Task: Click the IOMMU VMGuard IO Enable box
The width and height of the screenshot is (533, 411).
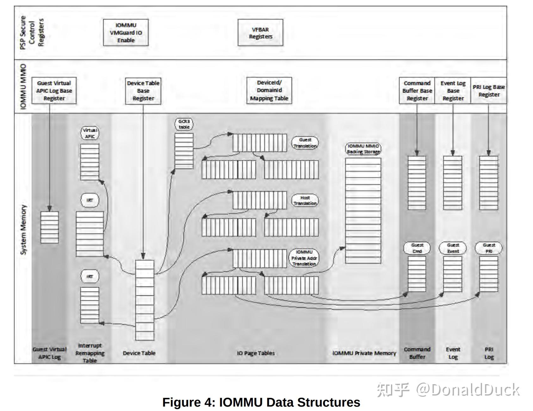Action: [x=126, y=33]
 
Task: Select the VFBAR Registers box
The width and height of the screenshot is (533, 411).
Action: [x=260, y=33]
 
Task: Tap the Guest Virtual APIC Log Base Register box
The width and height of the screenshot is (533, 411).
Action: [x=54, y=91]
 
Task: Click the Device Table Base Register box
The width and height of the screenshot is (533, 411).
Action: [x=143, y=91]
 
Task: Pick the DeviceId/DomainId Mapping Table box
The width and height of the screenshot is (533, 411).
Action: [x=269, y=90]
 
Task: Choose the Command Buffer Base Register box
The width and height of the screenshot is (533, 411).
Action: [x=417, y=91]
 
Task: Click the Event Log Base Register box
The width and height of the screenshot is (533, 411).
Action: [x=453, y=91]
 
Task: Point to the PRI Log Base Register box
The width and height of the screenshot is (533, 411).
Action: [x=489, y=91]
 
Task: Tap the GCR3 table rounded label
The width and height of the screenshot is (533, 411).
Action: [x=184, y=124]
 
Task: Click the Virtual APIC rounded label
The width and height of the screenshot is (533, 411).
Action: [x=90, y=133]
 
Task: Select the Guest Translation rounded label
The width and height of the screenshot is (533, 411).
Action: [x=305, y=143]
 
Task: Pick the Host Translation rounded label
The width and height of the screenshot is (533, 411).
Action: [x=305, y=201]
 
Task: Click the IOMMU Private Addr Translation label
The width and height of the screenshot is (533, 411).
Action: [x=304, y=258]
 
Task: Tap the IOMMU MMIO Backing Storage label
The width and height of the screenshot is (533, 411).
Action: [x=363, y=149]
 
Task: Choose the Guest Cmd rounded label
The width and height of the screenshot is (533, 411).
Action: [x=417, y=248]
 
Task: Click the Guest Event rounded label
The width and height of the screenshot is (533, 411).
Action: [x=453, y=248]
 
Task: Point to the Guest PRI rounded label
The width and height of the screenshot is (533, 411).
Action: [x=489, y=248]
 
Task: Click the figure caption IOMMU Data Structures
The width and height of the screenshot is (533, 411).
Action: [x=261, y=402]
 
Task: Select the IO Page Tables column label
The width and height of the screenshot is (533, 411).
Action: [x=256, y=353]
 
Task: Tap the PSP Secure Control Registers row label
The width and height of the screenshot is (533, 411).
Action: [x=32, y=33]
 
